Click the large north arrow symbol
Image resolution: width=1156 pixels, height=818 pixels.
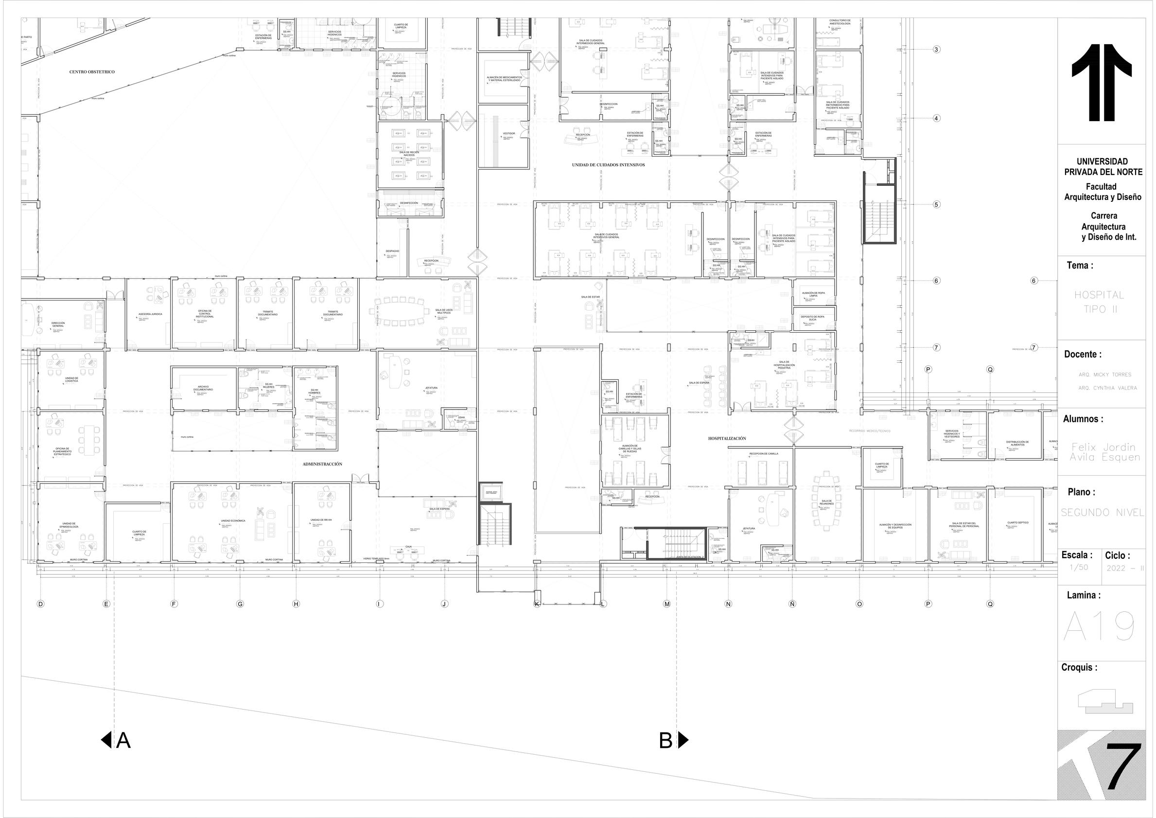coord(1101,83)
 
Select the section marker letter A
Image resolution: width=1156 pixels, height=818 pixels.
coord(123,740)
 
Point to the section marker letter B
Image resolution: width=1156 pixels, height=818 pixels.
coord(666,740)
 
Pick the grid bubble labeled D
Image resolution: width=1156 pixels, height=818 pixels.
coord(41,604)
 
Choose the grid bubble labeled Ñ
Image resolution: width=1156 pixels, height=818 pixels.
coord(792,604)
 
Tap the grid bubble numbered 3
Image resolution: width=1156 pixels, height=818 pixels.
coord(936,50)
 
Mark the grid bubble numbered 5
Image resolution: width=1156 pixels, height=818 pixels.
coord(936,204)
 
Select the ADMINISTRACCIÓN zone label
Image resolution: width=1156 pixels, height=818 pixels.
coord(322,464)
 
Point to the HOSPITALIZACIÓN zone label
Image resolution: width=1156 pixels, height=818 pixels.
coord(727,439)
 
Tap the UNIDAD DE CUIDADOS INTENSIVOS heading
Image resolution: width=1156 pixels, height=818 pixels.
coord(608,165)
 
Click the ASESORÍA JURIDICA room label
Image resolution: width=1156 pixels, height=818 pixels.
coord(150,314)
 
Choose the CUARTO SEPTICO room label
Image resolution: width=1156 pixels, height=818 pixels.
coord(1017,523)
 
